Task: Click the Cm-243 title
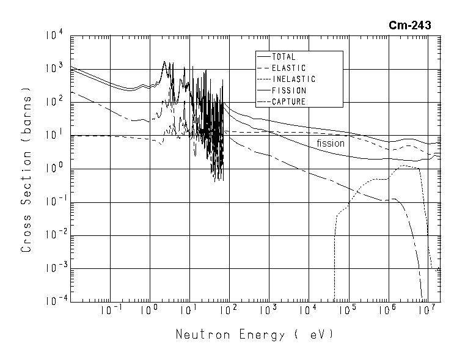click(x=409, y=25)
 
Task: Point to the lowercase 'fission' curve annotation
click(x=331, y=143)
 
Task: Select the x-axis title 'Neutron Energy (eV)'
click(x=255, y=335)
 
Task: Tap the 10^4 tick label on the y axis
click(x=53, y=36)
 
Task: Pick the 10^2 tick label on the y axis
click(x=53, y=103)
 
